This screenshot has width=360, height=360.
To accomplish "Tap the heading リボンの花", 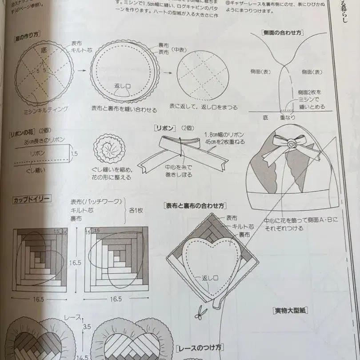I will click(x=23, y=132).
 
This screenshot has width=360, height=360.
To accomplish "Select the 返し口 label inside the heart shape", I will click(x=210, y=279).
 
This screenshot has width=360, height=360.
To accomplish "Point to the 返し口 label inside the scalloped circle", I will click(x=122, y=85).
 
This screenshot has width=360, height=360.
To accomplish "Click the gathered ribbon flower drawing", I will click(x=108, y=149).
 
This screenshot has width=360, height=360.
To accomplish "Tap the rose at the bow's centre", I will click(x=291, y=144).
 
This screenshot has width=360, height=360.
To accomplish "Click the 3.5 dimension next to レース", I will click(x=87, y=327).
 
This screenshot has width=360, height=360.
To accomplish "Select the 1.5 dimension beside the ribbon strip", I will click(x=73, y=153).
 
